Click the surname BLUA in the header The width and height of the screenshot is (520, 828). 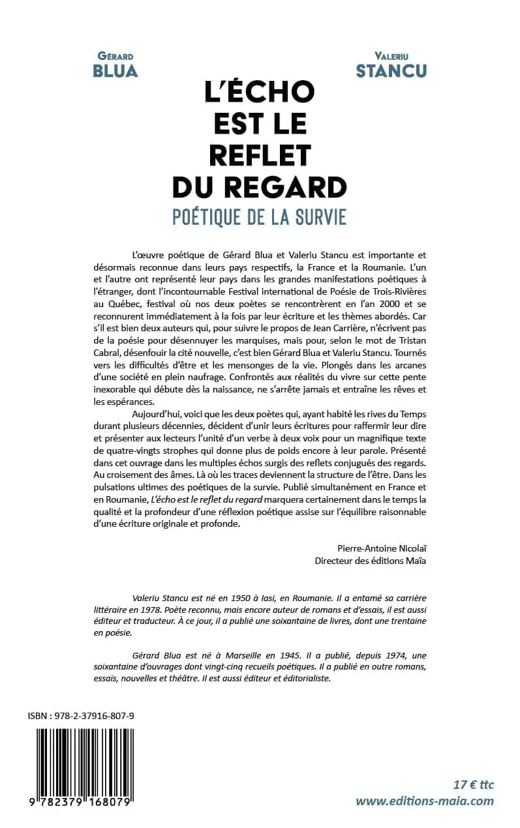tap(115, 71)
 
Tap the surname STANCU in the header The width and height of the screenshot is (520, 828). tap(391, 71)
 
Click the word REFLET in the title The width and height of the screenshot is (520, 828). tap(260, 156)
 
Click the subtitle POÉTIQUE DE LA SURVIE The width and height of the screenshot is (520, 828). tap(260, 217)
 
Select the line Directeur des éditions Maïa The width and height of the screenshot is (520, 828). tap(371, 561)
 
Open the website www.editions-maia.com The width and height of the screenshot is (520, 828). tap(425, 801)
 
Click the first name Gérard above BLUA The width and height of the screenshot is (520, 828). tap(115, 56)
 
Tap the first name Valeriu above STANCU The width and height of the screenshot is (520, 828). tap(391, 56)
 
